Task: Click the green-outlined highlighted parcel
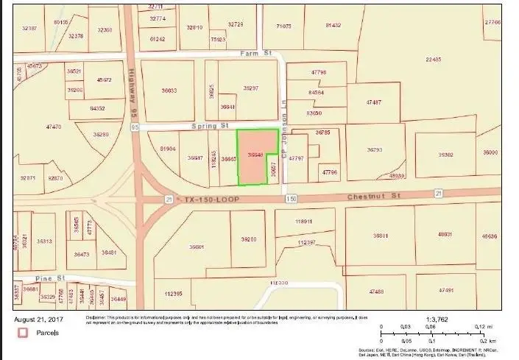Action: [256, 156]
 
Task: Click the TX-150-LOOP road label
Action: [207, 200]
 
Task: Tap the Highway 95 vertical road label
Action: [135, 91]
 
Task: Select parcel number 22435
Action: [433, 60]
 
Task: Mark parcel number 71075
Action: [283, 26]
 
